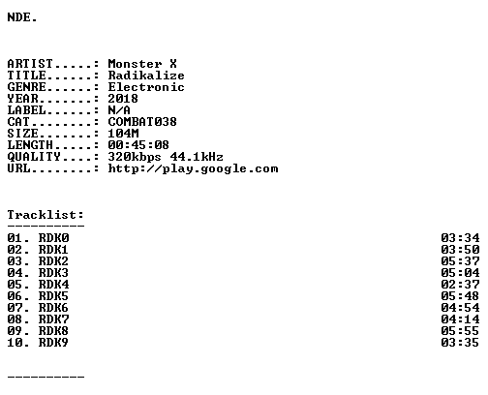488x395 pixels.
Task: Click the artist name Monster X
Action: pyautogui.click(x=142, y=64)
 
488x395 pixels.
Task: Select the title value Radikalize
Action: pyautogui.click(x=146, y=76)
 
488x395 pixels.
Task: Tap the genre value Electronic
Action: pyautogui.click(x=146, y=87)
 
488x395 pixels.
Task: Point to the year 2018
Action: pyautogui.click(x=123, y=99)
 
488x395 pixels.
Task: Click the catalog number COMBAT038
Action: pyautogui.click(x=142, y=122)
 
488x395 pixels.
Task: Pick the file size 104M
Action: pyautogui.click(x=123, y=134)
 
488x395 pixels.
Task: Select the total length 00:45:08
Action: pyautogui.click(x=138, y=145)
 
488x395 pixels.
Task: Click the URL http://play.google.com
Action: pyautogui.click(x=193, y=168)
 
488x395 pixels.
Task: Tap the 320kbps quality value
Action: pyautogui.click(x=135, y=157)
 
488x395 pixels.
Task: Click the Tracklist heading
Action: pyautogui.click(x=46, y=215)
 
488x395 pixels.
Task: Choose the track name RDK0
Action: pyautogui.click(x=54, y=238)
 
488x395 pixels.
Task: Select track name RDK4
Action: pyautogui.click(x=54, y=285)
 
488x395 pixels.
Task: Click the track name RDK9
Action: pyautogui.click(x=53, y=343)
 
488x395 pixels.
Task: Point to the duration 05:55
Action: pyautogui.click(x=460, y=331)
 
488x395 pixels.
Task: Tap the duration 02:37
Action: pyautogui.click(x=460, y=285)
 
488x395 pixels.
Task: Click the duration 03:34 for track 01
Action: pyautogui.click(x=460, y=238)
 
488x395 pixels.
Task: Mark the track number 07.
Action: pyautogui.click(x=15, y=308)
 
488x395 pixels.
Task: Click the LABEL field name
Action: pyautogui.click(x=27, y=110)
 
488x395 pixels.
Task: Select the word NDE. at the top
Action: pyautogui.click(x=22, y=17)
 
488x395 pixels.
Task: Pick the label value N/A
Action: pyautogui.click(x=119, y=110)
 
